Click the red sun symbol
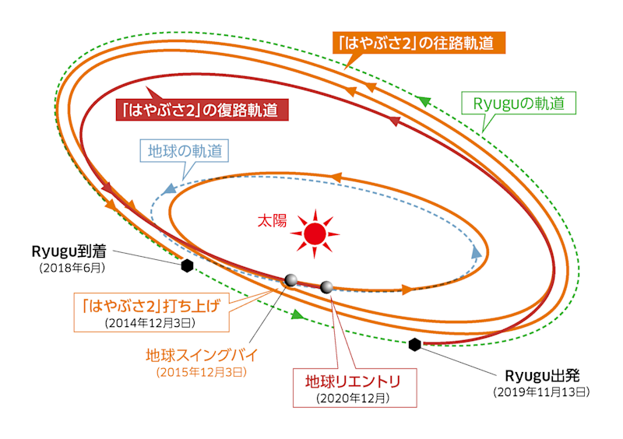[x=315, y=232]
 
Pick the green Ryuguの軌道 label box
[x=519, y=103]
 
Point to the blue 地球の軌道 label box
[x=184, y=150]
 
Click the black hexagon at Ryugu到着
[x=187, y=266]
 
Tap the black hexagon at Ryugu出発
[x=414, y=344]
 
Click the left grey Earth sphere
[x=290, y=280]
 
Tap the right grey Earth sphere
[x=327, y=287]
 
